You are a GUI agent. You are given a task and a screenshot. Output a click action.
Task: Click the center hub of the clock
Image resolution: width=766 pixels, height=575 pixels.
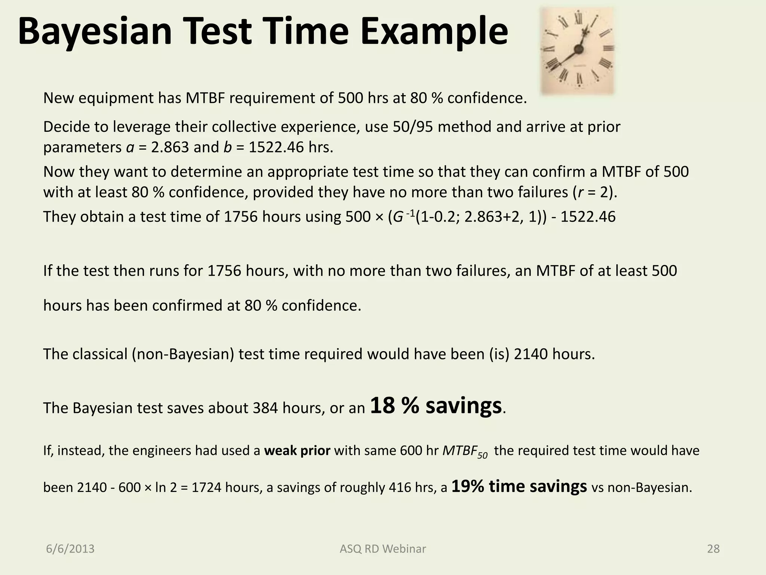[579, 49]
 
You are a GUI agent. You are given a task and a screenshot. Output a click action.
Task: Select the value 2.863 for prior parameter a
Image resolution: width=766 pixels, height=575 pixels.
[170, 147]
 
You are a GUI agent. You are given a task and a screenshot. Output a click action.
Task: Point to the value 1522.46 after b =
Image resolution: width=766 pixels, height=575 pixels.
[276, 147]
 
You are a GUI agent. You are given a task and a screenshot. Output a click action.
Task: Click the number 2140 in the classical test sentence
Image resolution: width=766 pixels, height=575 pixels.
[530, 354]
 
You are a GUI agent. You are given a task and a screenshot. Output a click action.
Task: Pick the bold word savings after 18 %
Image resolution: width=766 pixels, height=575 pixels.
[463, 405]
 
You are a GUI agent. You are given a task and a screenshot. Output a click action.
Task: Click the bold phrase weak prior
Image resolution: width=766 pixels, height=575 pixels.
[297, 450]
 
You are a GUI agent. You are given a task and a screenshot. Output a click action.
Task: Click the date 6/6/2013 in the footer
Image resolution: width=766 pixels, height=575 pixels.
[70, 549]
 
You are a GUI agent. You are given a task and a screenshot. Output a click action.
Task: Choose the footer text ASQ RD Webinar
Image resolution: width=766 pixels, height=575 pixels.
[383, 549]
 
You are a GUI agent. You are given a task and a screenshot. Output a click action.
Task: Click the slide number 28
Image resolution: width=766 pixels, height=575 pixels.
[713, 549]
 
